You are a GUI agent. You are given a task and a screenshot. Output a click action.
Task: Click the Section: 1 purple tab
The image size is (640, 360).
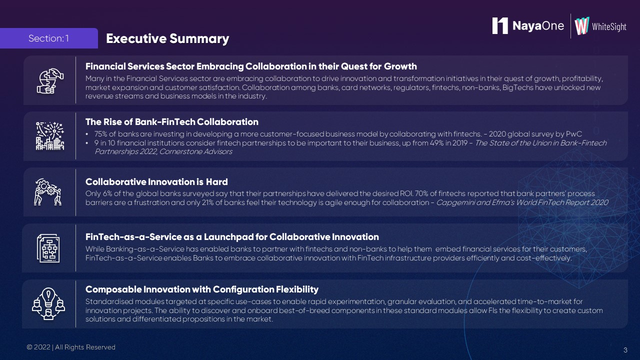click(x=49, y=38)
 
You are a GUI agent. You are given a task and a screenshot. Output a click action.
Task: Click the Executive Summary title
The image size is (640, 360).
click(x=167, y=39)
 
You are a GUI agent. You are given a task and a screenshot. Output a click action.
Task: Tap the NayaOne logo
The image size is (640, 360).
click(x=528, y=25)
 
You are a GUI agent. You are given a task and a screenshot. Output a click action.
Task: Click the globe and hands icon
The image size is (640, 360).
click(x=50, y=81)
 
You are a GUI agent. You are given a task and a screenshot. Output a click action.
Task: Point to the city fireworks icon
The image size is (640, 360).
click(x=50, y=136)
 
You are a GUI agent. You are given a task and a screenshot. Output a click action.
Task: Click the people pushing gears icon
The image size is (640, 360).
click(x=47, y=192)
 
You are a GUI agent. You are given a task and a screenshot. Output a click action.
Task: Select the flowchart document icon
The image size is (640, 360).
click(x=48, y=248)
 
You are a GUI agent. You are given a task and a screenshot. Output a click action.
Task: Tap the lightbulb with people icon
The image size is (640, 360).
click(x=48, y=303)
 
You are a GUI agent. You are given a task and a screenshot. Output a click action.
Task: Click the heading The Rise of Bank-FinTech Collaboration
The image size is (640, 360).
click(x=171, y=122)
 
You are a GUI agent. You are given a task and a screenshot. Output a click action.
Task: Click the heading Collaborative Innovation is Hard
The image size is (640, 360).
click(x=156, y=181)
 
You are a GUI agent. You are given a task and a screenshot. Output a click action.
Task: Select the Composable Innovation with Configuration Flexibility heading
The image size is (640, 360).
click(x=201, y=289)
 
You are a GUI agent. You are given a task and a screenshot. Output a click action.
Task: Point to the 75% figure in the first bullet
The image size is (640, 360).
click(x=100, y=134)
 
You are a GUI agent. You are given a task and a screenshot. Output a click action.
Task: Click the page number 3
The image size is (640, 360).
click(x=625, y=350)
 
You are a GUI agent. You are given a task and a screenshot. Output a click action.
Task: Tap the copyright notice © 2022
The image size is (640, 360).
click(x=38, y=347)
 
